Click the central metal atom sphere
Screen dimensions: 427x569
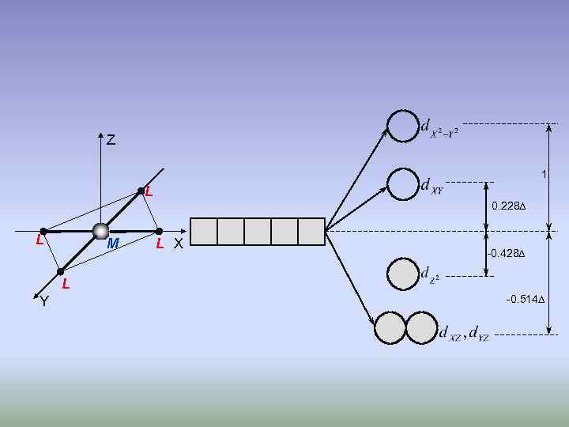[x=100, y=231]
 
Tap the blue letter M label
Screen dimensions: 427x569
[x=113, y=244]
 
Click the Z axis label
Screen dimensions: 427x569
[x=111, y=141]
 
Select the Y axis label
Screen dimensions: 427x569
[x=44, y=300]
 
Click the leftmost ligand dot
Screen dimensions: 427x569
[x=43, y=232]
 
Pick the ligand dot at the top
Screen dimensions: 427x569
[x=141, y=191]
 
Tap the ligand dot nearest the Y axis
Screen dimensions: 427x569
[x=61, y=271]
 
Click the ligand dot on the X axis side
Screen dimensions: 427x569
[x=159, y=232]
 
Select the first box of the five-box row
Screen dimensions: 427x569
[x=204, y=232]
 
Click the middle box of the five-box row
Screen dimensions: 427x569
[x=258, y=232]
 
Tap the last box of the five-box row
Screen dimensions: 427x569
[x=311, y=232]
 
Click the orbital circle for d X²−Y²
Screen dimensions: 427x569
[x=402, y=126]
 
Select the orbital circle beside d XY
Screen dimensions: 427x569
[x=402, y=183]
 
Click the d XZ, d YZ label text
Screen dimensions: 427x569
[x=464, y=334]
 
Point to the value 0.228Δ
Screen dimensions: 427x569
[x=509, y=206]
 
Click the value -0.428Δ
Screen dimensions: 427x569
[x=507, y=254]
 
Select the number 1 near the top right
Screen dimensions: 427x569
[x=543, y=174]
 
